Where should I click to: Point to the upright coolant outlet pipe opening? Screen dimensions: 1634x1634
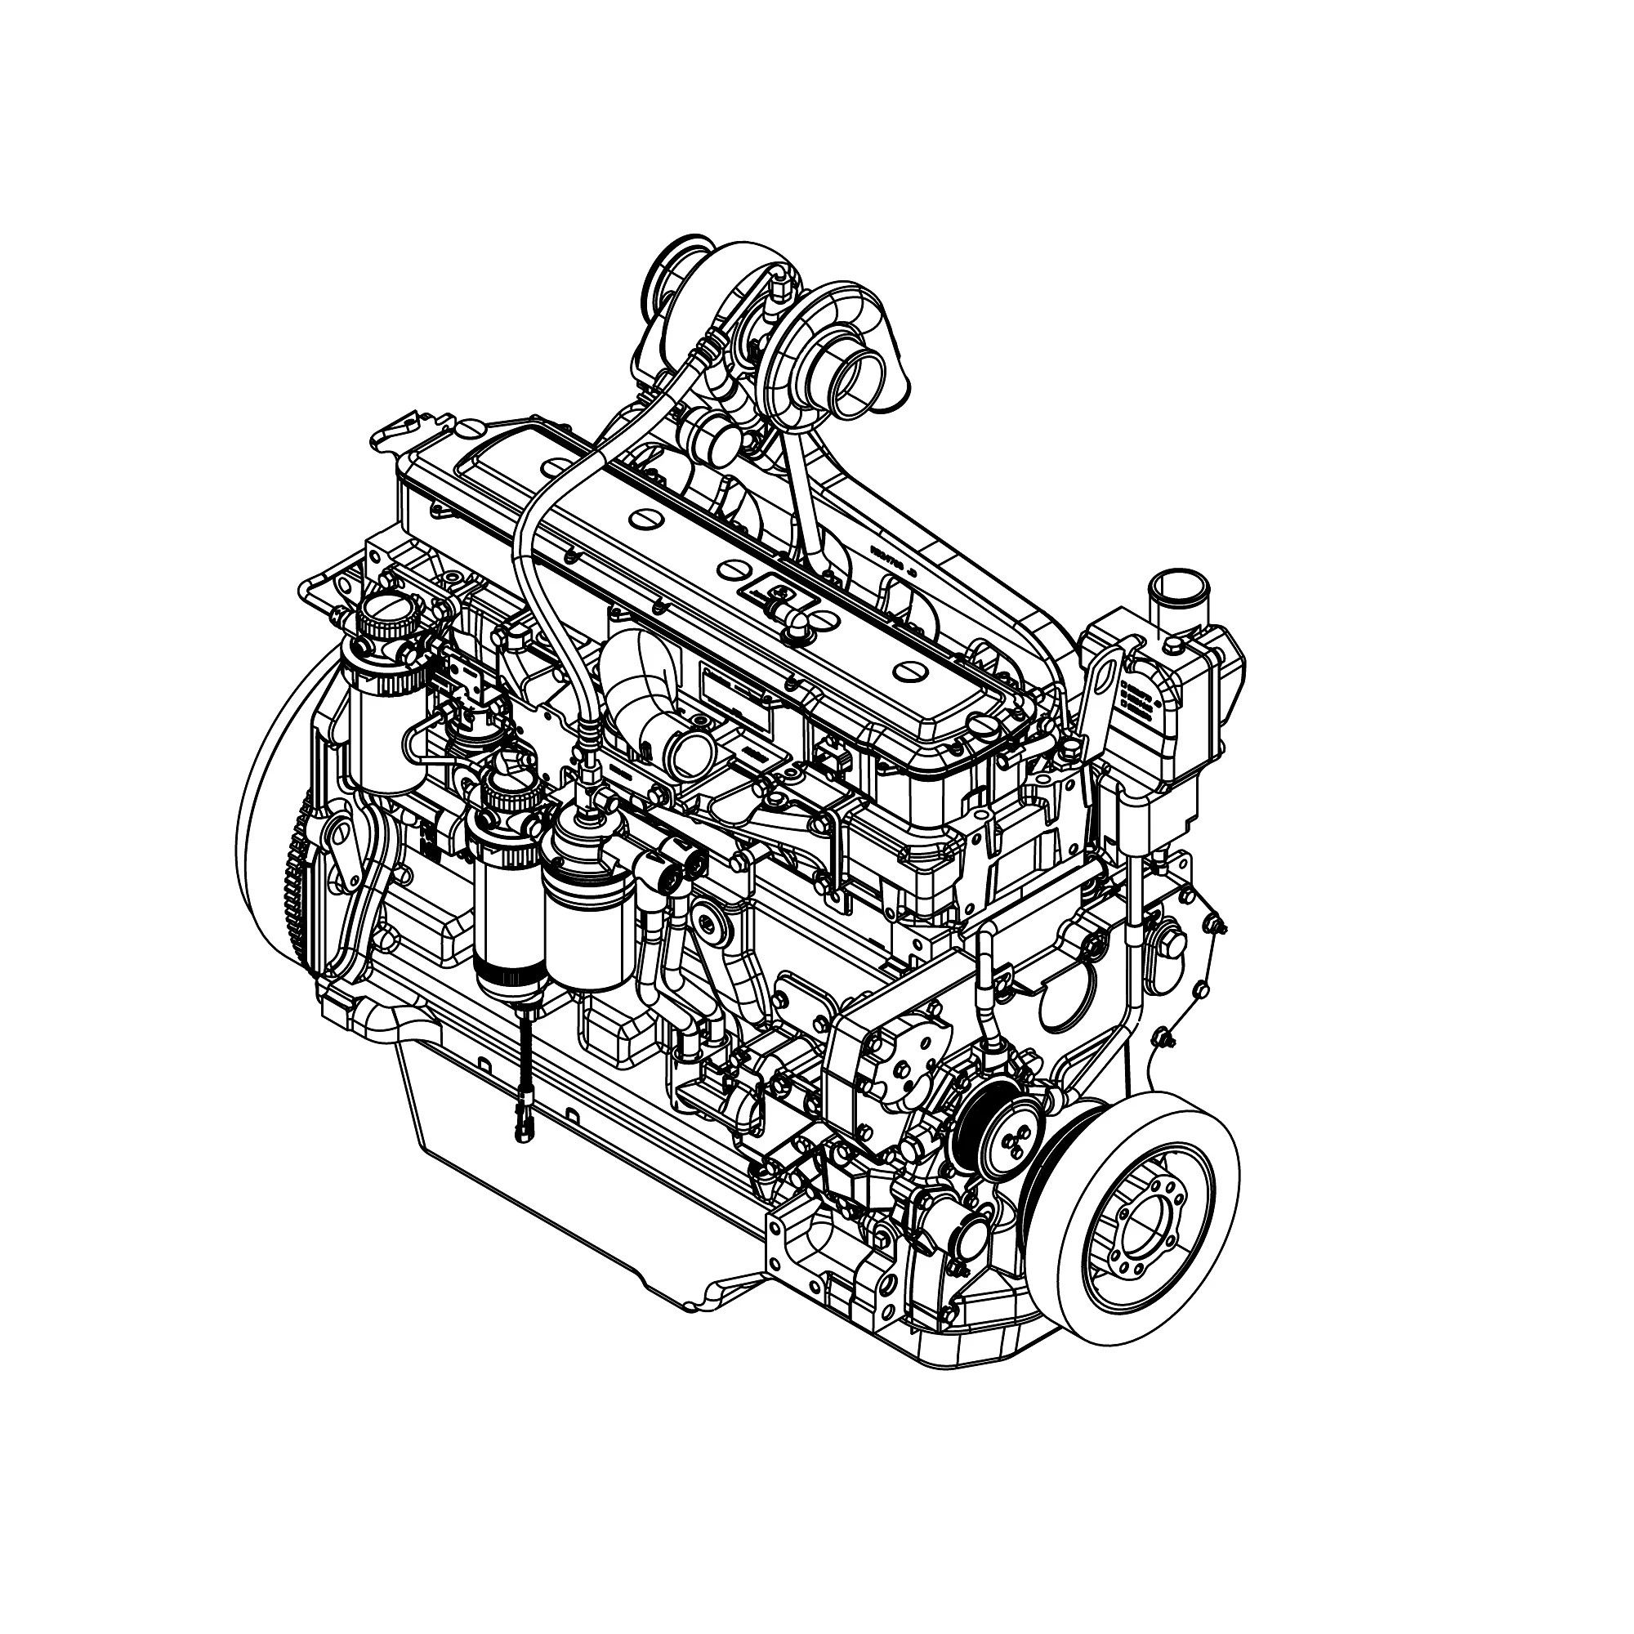1177,583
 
